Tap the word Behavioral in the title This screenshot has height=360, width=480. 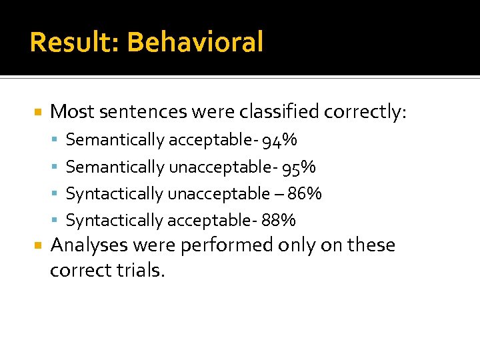(x=195, y=42)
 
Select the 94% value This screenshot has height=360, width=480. (x=280, y=140)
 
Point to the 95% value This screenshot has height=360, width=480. (x=299, y=167)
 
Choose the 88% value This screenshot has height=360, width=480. (x=279, y=220)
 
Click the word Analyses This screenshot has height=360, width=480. (x=89, y=245)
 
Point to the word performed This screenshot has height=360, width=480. (x=225, y=245)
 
